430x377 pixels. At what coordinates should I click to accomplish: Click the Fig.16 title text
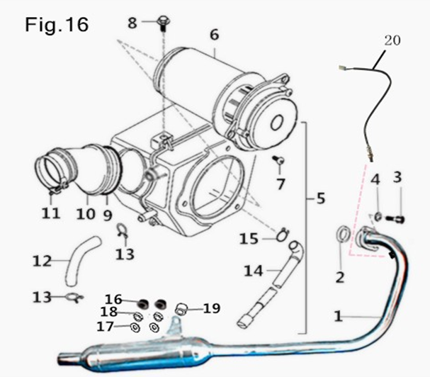pyautogui.click(x=57, y=25)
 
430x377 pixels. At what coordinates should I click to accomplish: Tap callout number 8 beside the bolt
pyautogui.click(x=132, y=23)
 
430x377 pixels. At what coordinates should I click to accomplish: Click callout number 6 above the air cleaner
pyautogui.click(x=214, y=34)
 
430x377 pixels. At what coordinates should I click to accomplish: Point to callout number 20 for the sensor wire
pyautogui.click(x=392, y=40)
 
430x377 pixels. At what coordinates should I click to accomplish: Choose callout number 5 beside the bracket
pyautogui.click(x=320, y=199)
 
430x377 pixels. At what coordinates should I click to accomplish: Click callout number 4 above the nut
pyautogui.click(x=376, y=180)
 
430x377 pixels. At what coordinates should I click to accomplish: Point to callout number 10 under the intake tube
pyautogui.click(x=86, y=213)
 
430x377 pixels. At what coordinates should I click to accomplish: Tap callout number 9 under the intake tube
pyautogui.click(x=108, y=213)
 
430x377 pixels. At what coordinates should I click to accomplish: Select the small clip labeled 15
pyautogui.click(x=283, y=231)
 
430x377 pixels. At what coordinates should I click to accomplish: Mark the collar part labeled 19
pyautogui.click(x=180, y=307)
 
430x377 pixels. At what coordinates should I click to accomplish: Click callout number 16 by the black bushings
pyautogui.click(x=113, y=299)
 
